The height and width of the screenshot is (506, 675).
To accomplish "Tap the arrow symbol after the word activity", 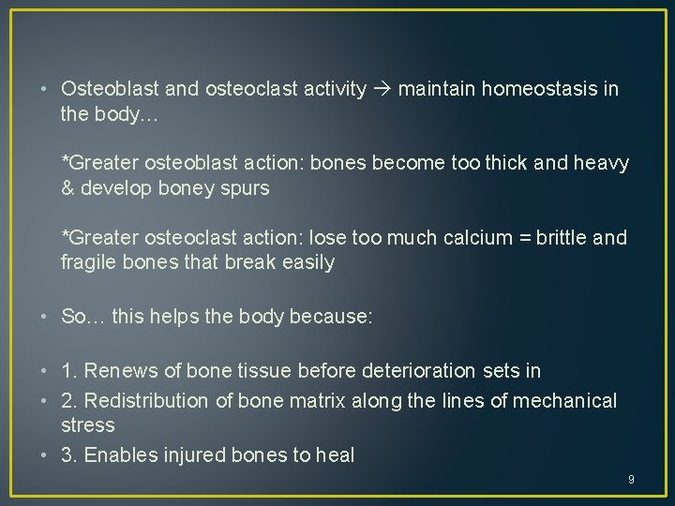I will pos(382,89).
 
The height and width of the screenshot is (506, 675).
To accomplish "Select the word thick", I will pos(530,164).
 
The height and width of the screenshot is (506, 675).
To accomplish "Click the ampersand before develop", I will pos(67,187).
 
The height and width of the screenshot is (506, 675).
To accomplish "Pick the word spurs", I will pos(245,187).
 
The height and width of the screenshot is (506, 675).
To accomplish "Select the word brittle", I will pos(555,238).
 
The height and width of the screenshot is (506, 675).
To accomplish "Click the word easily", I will pos(305,262).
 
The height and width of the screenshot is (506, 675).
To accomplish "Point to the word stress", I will pos(87,425).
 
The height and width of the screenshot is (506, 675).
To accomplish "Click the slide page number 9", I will pos(631,480).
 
